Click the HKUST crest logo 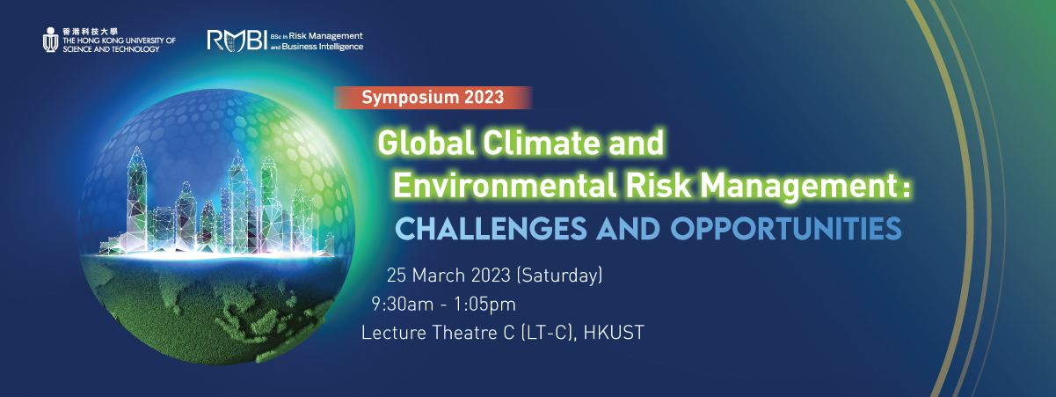[x=50, y=40]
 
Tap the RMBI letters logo [x=237, y=40]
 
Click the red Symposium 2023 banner [x=433, y=97]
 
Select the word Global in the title [x=426, y=143]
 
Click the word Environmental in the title [x=505, y=185]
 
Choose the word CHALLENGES [x=491, y=229]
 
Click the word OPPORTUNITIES [x=786, y=229]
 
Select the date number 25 [x=397, y=276]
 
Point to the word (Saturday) [x=559, y=276]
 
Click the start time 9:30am [x=402, y=305]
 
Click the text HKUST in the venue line [x=614, y=333]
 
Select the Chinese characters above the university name [x=90, y=32]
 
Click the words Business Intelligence [x=323, y=47]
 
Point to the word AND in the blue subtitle [x=629, y=229]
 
